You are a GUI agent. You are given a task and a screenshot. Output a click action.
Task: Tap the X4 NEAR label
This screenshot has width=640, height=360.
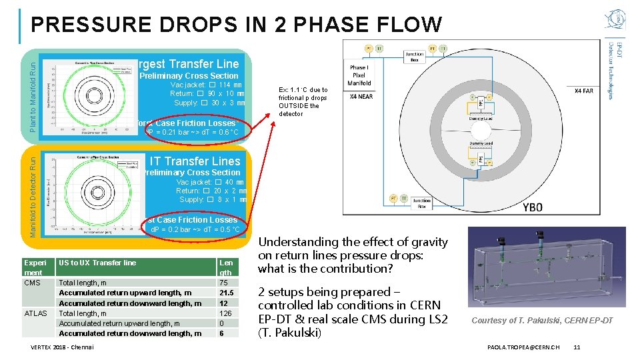point(361,96)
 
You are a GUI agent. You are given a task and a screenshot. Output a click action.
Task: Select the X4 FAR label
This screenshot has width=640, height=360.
point(584,91)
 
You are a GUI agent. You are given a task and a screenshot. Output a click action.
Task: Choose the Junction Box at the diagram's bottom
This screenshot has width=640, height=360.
point(422,202)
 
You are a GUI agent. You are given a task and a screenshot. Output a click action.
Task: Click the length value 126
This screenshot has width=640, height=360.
point(225,313)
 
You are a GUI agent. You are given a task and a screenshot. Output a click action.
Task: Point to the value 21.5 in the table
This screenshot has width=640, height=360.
point(227,293)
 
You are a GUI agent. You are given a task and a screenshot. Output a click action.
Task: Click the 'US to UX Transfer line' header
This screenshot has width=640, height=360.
point(97,263)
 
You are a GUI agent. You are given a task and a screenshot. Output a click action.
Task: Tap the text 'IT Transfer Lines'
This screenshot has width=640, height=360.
point(195,161)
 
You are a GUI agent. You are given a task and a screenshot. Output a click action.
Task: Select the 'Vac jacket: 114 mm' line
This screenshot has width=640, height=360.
point(207,85)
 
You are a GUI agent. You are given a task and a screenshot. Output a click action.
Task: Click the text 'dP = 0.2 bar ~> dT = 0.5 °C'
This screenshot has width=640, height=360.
point(195,230)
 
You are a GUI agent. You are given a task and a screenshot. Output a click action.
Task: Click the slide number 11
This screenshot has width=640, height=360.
point(577,347)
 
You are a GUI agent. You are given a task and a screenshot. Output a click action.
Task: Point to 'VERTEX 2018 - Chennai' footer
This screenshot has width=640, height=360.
point(63,347)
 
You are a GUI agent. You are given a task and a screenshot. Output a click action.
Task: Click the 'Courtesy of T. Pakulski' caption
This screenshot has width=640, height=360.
point(542,321)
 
